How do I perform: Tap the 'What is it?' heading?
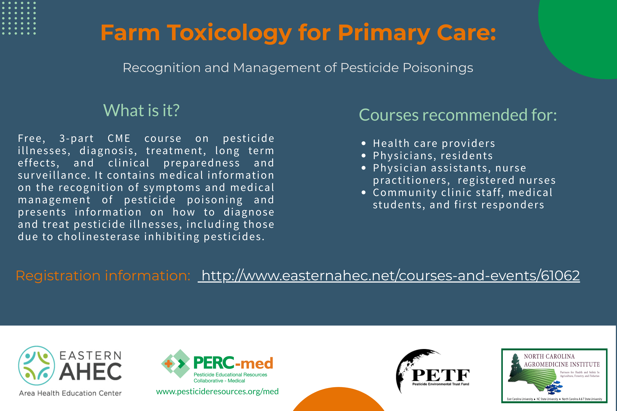(x=141, y=110)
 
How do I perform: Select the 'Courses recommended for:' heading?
(x=458, y=115)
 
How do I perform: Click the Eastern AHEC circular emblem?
(x=37, y=366)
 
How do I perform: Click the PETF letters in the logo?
(x=440, y=375)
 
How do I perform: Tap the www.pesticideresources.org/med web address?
(x=217, y=391)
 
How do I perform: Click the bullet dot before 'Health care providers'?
(x=364, y=143)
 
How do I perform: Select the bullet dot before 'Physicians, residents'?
(x=364, y=156)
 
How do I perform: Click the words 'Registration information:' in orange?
(x=103, y=276)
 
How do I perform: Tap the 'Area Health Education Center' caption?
(x=70, y=393)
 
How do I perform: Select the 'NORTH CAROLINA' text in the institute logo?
(x=549, y=356)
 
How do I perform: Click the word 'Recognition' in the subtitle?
(x=162, y=68)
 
